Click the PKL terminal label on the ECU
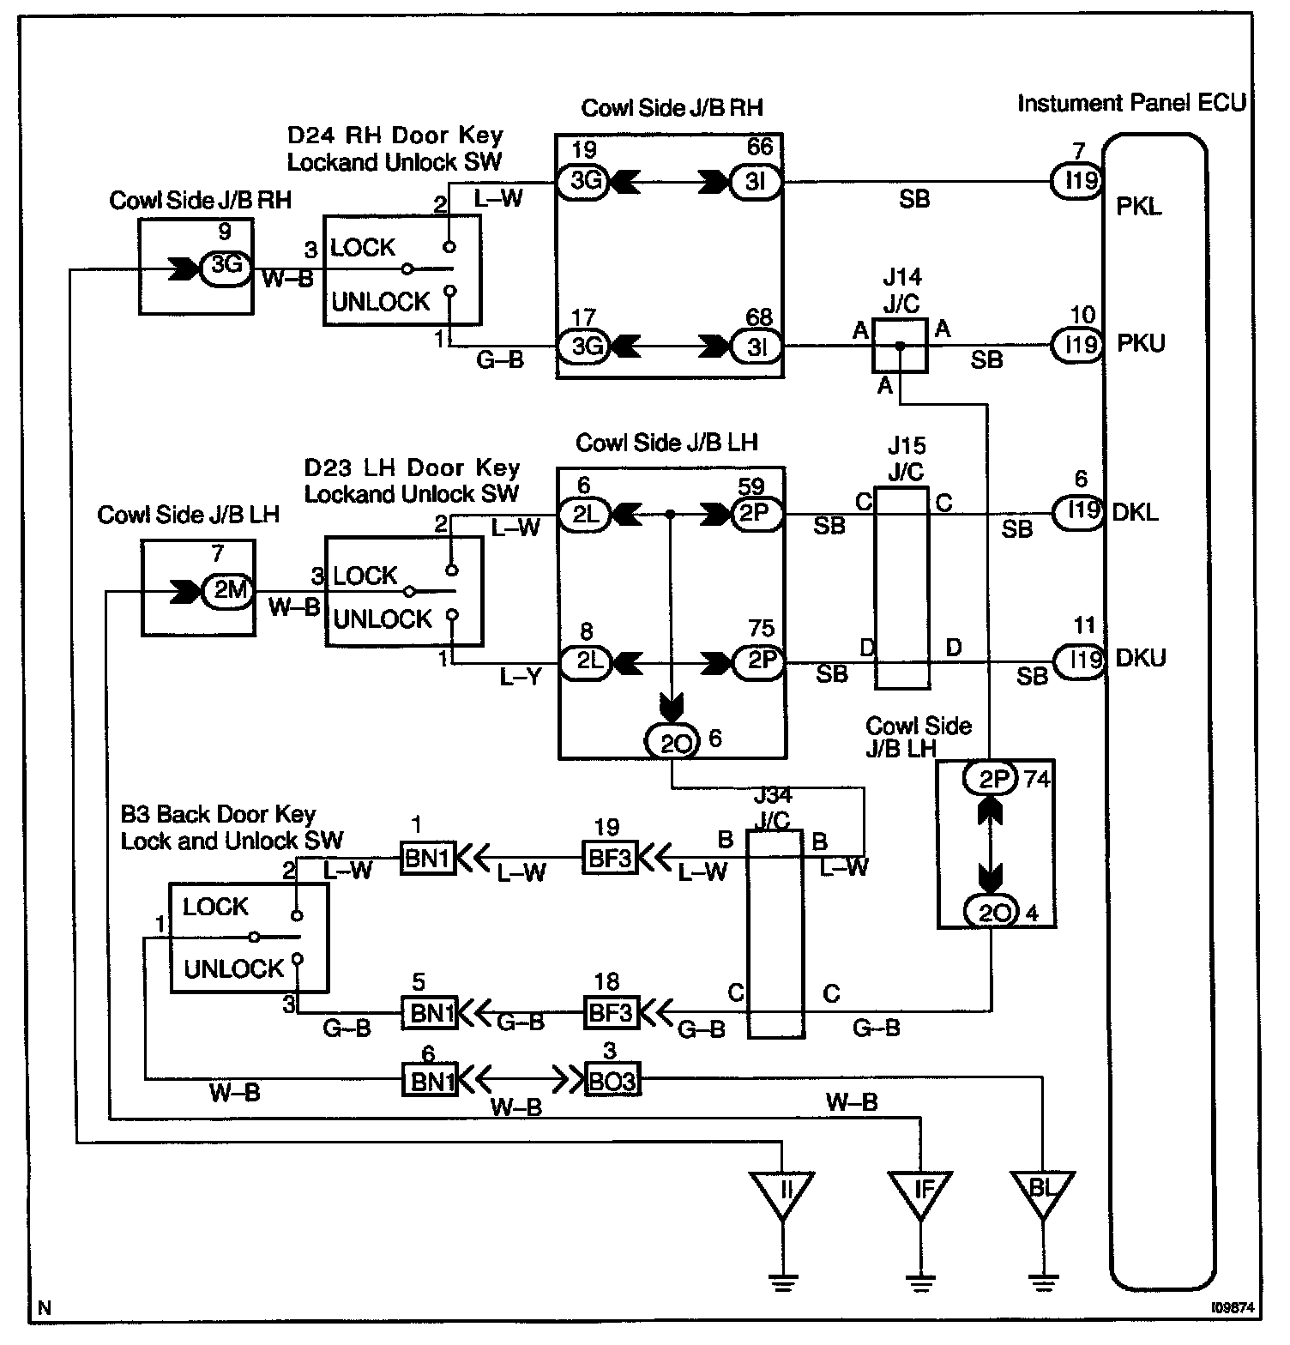[1140, 207]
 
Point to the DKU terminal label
[1141, 659]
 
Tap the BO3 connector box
[612, 1081]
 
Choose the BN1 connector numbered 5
[430, 1012]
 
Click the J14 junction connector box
[900, 345]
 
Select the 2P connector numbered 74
[992, 779]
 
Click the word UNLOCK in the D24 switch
[381, 302]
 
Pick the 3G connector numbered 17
[583, 347]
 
